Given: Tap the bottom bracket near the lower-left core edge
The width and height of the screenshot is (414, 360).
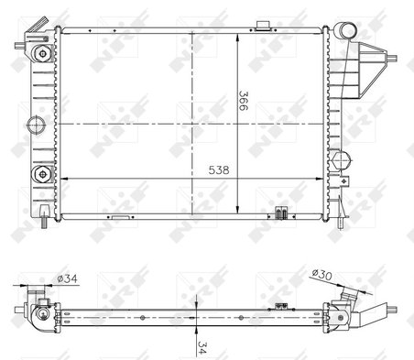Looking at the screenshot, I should click(119, 217).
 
